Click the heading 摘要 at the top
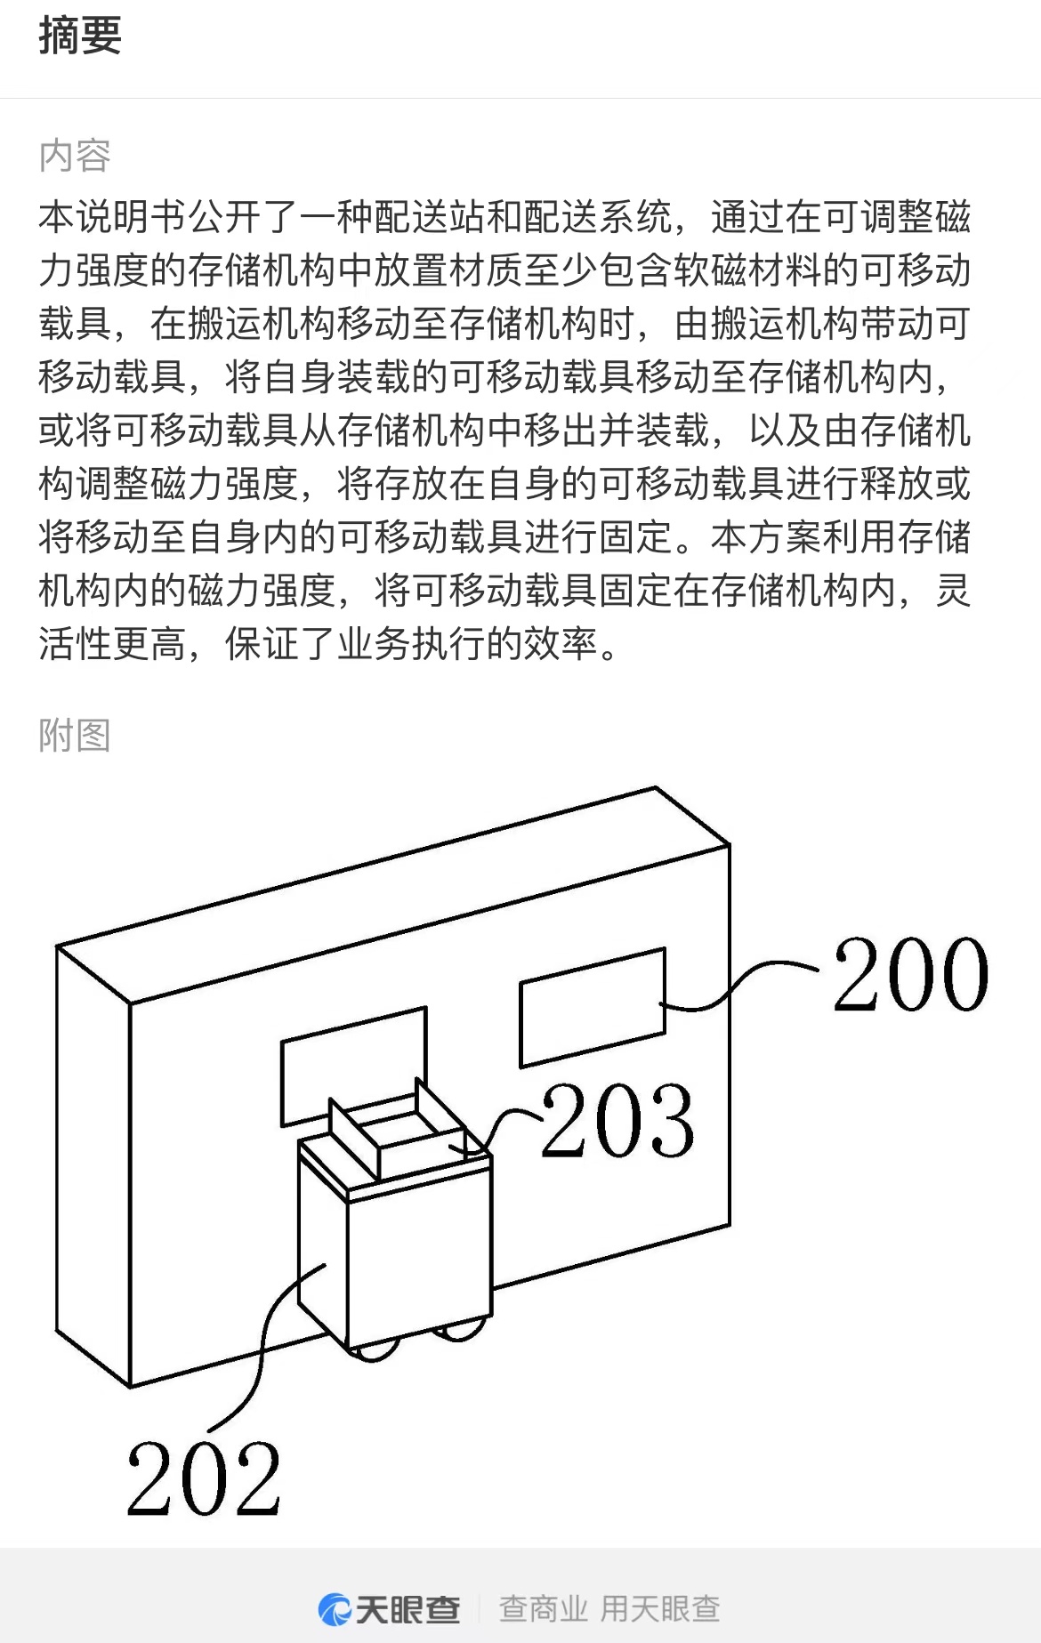pos(80,36)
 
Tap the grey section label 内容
pos(75,156)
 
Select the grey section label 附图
pos(75,736)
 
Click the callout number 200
pos(910,976)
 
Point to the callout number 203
pos(617,1121)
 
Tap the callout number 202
pos(204,1479)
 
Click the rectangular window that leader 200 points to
pos(592,1008)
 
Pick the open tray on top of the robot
pos(405,1134)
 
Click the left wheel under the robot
pos(374,1350)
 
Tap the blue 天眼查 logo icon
pos(335,1608)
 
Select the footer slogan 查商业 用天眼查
pos(609,1608)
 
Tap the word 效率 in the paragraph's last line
pos(561,643)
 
